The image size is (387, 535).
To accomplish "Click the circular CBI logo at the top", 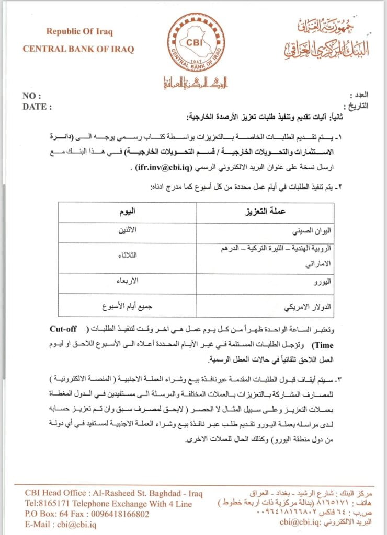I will tap(195, 43).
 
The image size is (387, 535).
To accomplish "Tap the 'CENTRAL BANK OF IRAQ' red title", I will tap(78, 49).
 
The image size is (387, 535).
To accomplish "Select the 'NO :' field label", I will tap(32, 96).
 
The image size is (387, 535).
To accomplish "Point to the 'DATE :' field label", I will tap(37, 107).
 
